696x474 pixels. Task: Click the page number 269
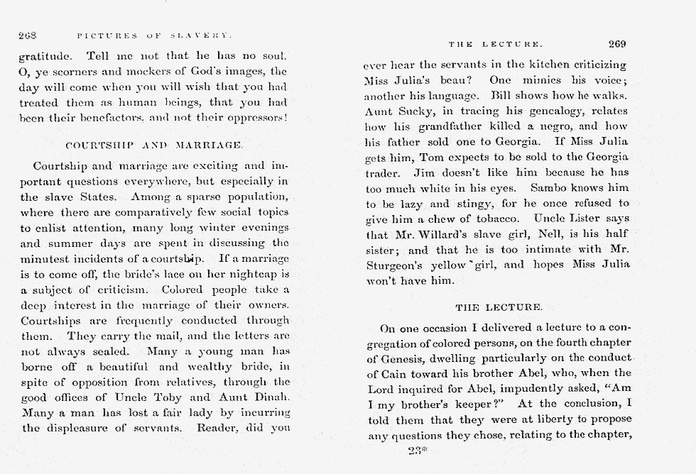616,43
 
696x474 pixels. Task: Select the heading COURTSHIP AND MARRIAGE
154,145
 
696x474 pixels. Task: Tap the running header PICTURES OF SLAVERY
155,35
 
